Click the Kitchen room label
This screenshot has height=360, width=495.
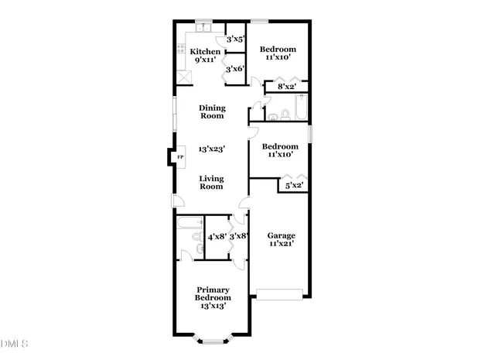pos(205,51)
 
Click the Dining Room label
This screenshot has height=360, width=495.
pos(212,111)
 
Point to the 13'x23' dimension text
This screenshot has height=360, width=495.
pos(212,148)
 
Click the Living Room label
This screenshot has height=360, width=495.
pos(212,182)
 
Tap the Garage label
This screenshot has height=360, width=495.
pos(282,235)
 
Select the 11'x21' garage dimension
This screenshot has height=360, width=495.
pos(282,244)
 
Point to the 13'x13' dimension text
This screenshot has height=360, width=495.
pos(212,305)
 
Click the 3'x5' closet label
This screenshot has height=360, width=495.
pos(235,38)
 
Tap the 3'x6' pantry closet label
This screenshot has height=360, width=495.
pos(235,69)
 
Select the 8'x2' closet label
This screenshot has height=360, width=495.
pos(287,87)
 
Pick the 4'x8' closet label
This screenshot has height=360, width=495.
pos(217,236)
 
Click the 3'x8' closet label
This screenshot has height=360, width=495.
pos(238,236)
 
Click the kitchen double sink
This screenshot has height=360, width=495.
pos(203,29)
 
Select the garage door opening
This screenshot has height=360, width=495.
pos(279,293)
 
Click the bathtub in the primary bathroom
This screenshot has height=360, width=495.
pos(189,225)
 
